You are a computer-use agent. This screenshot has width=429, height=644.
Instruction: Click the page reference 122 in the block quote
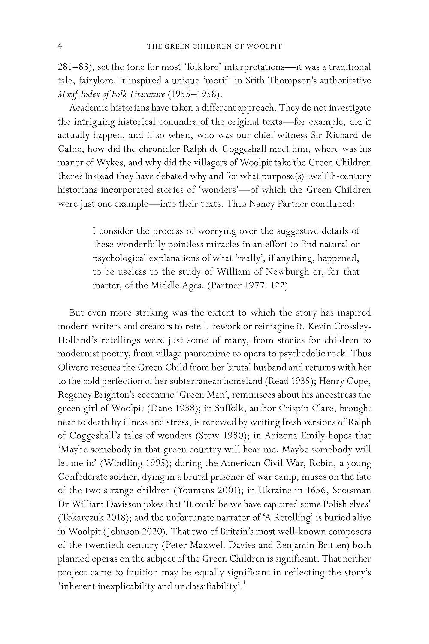click(x=279, y=286)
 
